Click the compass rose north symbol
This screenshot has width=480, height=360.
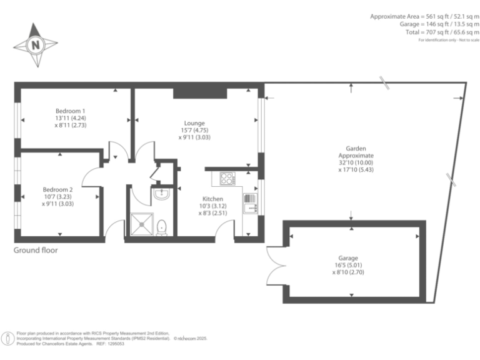(x=36, y=45)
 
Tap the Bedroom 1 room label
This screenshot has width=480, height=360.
(x=70, y=111)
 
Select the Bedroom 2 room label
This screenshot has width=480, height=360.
(x=57, y=189)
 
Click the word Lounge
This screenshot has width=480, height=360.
(x=194, y=123)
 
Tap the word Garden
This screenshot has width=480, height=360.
(x=356, y=148)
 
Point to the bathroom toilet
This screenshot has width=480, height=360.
(x=162, y=227)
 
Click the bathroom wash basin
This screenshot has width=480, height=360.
(x=161, y=194)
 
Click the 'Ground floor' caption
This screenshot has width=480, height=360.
(x=36, y=250)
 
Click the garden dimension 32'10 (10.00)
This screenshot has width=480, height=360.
(x=356, y=162)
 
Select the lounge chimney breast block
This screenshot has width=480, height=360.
(x=200, y=92)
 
